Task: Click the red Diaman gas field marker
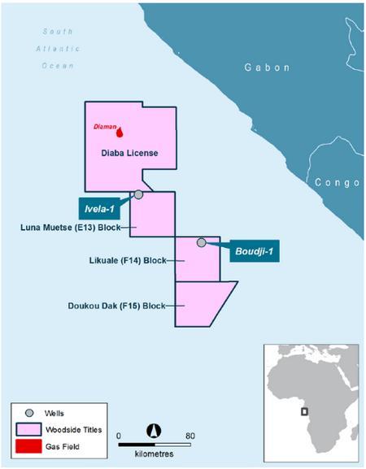click(120, 132)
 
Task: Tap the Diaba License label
click(129, 153)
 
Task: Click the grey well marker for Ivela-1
click(138, 194)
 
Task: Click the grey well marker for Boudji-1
click(202, 242)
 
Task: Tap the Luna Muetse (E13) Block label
click(70, 228)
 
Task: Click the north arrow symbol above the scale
click(153, 431)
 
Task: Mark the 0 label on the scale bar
click(119, 436)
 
